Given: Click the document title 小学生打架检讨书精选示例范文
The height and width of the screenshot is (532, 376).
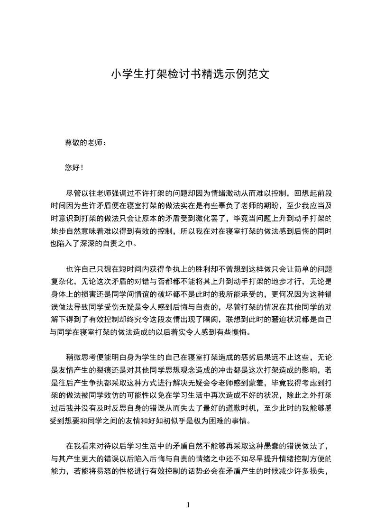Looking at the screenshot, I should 190,74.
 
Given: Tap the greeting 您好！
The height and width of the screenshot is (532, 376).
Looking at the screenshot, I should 74,167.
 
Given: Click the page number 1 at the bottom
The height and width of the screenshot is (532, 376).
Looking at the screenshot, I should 188,504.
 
